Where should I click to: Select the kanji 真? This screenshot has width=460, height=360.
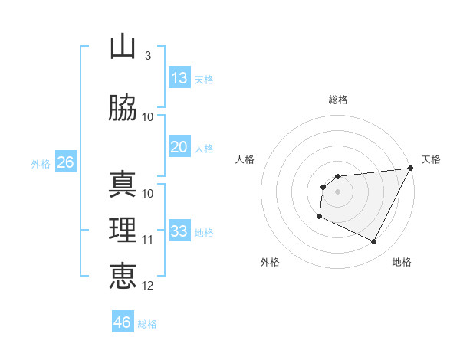(123, 185)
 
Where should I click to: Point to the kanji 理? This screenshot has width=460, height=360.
(123, 231)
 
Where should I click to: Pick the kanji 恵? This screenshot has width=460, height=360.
(123, 277)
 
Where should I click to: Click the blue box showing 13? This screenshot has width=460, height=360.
(179, 78)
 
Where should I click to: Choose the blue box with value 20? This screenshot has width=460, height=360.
(179, 147)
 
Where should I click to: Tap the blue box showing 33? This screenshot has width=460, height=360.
(179, 231)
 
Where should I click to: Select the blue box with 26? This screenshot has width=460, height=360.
(65, 162)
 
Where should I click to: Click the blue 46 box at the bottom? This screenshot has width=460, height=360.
(122, 322)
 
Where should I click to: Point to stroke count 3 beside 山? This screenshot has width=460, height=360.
(147, 56)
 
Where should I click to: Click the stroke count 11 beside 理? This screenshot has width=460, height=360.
(148, 240)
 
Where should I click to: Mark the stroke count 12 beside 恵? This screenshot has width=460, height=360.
(148, 286)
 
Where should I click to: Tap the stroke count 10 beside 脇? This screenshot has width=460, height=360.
(148, 117)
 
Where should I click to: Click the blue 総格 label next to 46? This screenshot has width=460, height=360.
(147, 324)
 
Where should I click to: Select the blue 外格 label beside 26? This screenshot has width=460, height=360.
(40, 164)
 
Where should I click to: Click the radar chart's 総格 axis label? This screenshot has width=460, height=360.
(337, 100)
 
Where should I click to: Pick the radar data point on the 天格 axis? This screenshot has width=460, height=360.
(412, 169)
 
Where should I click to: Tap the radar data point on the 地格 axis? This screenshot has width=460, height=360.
(374, 242)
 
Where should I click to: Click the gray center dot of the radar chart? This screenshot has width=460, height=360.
(337, 191)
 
